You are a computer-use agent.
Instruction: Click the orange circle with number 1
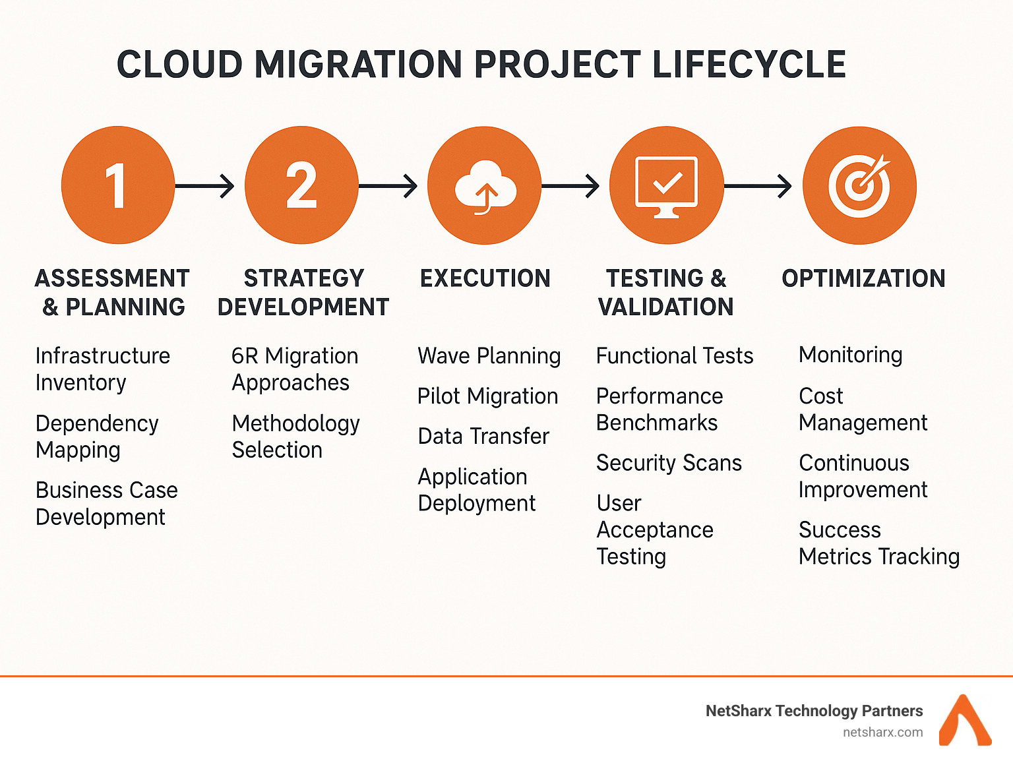point(117,185)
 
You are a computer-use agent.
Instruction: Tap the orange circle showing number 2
point(301,185)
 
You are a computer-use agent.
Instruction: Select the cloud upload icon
point(485,185)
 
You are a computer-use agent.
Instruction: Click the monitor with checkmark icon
point(667,185)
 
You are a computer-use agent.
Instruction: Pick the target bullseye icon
point(859,185)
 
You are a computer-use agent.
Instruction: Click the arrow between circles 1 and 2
point(204,186)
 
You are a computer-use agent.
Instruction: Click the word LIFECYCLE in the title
point(749,65)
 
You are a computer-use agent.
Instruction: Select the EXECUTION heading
point(485,278)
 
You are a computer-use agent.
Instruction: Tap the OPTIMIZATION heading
point(863,278)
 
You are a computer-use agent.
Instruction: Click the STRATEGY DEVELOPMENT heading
point(303,293)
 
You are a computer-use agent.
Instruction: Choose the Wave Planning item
point(489,356)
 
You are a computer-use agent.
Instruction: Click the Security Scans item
point(669,463)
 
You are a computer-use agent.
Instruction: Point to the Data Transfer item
point(483,437)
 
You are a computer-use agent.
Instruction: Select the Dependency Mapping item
point(97,437)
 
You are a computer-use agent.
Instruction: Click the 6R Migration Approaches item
point(294,369)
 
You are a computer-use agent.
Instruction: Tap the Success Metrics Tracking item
point(878,543)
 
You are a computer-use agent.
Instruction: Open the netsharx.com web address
point(882,732)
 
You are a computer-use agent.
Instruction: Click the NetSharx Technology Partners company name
point(814,711)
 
